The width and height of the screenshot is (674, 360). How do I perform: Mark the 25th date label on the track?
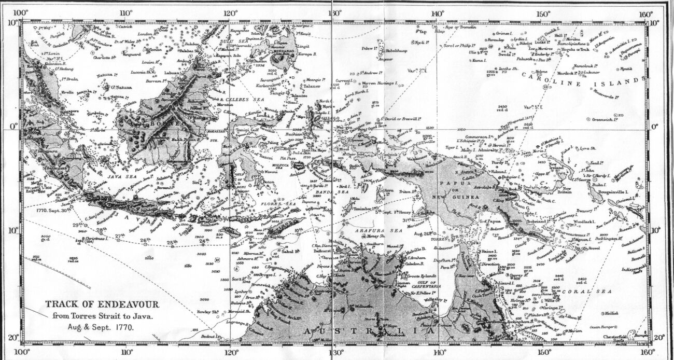click(x=173, y=242)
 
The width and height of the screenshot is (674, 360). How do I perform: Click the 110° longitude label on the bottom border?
click(x=126, y=353)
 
